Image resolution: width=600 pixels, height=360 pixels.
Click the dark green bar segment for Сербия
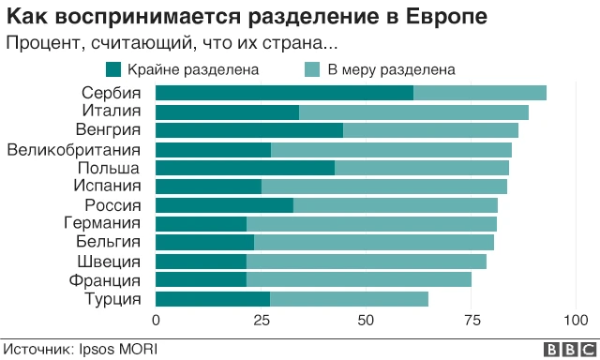(x=284, y=93)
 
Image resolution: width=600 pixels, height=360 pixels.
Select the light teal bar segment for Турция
(x=349, y=299)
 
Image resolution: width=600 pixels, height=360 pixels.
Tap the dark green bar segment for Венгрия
(x=248, y=130)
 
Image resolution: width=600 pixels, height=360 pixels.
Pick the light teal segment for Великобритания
(x=391, y=149)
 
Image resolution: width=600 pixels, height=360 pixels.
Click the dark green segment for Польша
(x=245, y=168)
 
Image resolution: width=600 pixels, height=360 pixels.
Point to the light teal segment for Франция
(x=358, y=280)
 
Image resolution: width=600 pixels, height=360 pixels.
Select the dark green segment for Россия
(x=224, y=205)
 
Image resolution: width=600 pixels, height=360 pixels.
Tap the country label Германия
(x=101, y=223)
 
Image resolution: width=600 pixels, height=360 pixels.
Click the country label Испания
(x=106, y=186)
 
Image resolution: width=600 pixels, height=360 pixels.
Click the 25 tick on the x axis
(x=261, y=321)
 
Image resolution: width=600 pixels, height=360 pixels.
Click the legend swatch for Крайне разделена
(x=114, y=68)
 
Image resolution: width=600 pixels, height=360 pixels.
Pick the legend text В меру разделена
(x=391, y=68)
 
